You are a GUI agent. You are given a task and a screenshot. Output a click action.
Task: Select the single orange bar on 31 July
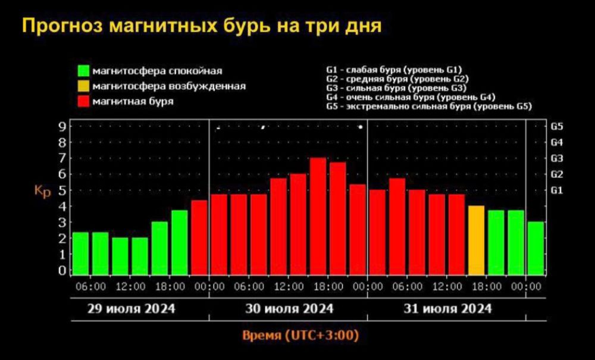pyautogui.click(x=476, y=240)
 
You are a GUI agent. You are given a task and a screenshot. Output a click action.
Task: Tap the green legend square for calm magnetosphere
pyautogui.click(x=84, y=70)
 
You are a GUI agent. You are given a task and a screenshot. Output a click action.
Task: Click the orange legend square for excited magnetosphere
pyautogui.click(x=84, y=86)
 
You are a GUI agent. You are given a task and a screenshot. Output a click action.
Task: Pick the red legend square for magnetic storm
pyautogui.click(x=84, y=101)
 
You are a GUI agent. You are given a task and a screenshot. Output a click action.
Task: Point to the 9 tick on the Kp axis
pyautogui.click(x=61, y=126)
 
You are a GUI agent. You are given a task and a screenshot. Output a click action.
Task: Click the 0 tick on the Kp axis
pyautogui.click(x=61, y=271)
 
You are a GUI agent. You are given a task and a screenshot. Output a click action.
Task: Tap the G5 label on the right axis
pyautogui.click(x=557, y=127)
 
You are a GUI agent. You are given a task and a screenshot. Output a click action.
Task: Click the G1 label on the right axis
pyautogui.click(x=557, y=190)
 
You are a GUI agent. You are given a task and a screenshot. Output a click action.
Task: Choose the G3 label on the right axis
pyautogui.click(x=557, y=158)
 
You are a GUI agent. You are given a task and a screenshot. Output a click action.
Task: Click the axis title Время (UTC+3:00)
pyautogui.click(x=300, y=335)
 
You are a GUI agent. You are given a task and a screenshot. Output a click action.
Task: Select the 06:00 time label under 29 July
pyautogui.click(x=92, y=287)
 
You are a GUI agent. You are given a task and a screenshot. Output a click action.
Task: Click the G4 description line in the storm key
pyautogui.click(x=411, y=97)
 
